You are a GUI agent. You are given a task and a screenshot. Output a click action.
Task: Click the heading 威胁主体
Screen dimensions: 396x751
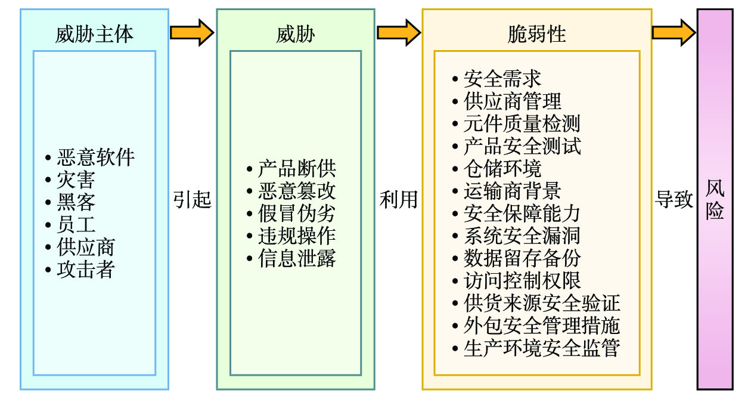pos(94,34)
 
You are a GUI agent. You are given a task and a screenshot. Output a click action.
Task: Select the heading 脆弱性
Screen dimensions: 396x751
pos(536,34)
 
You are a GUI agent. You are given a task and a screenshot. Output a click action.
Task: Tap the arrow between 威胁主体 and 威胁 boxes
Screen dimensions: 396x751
pos(192,32)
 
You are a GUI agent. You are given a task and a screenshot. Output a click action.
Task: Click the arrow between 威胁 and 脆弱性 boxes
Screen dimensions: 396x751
pos(398,32)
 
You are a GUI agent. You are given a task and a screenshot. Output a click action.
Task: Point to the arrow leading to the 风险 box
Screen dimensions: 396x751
pos(674,32)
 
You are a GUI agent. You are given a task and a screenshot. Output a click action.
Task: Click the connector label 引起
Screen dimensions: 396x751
pos(193,199)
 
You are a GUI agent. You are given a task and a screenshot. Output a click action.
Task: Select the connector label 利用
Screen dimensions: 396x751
pos(398,199)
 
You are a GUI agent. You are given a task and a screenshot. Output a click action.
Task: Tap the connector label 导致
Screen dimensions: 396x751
pos(675,199)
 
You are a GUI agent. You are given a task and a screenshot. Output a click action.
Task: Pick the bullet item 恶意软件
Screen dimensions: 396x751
pos(95,157)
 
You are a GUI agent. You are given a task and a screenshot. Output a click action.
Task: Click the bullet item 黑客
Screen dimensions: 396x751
pos(76,202)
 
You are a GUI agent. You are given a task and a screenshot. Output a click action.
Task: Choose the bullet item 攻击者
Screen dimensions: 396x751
pos(86,270)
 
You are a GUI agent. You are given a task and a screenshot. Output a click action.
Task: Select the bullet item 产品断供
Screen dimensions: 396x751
pos(297,169)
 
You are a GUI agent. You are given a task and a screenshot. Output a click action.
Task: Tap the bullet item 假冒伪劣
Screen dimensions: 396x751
pos(297,214)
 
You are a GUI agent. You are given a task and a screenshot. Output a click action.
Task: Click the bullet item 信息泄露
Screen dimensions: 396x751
pos(297,258)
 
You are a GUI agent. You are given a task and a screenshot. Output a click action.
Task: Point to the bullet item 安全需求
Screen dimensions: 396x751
pos(502,79)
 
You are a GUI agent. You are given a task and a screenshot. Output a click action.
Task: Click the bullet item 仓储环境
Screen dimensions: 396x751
pos(502,168)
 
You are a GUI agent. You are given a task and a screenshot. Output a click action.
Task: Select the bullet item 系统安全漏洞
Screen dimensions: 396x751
pos(522,236)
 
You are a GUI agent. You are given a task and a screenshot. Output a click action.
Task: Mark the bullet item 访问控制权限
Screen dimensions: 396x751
pos(522,280)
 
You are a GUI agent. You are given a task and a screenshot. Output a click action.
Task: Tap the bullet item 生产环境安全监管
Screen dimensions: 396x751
pos(541,348)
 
